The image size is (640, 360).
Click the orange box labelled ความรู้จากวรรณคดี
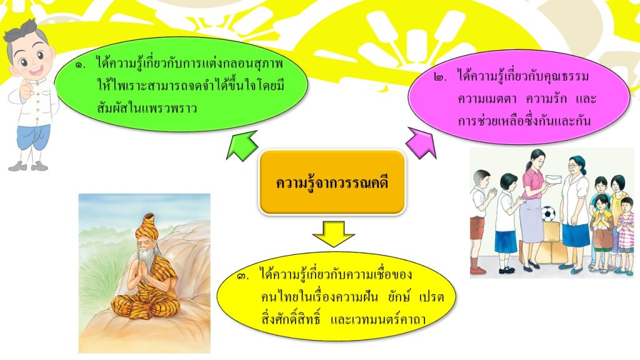[x=332, y=182]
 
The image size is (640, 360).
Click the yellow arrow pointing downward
[x=333, y=234]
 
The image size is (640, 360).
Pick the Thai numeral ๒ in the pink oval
[x=441, y=77]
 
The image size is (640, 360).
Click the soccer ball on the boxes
[x=549, y=214]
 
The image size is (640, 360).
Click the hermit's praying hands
[x=143, y=269]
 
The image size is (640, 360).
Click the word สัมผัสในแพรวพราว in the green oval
[x=147, y=108]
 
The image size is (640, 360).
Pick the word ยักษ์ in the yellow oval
[x=399, y=296]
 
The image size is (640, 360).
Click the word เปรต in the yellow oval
[x=431, y=297]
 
